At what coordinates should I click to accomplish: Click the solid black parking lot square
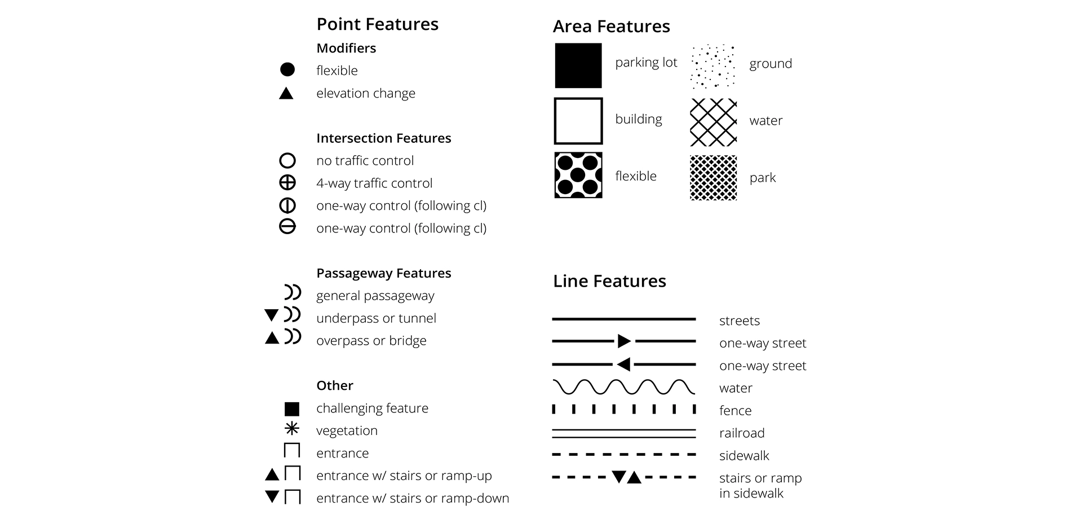click(578, 65)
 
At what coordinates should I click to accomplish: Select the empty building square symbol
click(578, 121)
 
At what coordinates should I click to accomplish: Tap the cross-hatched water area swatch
click(713, 122)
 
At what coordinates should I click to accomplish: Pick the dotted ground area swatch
click(713, 66)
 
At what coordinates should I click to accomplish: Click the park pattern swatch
click(713, 178)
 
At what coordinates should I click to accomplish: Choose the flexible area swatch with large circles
click(578, 175)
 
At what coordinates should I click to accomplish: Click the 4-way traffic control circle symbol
click(287, 183)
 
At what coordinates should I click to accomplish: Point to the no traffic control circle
click(287, 161)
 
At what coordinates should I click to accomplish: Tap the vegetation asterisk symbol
click(291, 429)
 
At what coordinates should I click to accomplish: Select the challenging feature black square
click(291, 408)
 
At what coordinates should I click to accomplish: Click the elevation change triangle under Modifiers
click(286, 93)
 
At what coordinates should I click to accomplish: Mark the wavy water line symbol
click(623, 387)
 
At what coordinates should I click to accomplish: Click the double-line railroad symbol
click(623, 433)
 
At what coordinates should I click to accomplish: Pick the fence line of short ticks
click(623, 409)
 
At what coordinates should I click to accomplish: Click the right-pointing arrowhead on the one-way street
click(623, 341)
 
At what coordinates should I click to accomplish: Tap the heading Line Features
click(609, 281)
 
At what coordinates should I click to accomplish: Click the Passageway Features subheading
click(383, 273)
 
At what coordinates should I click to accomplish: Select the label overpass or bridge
click(371, 341)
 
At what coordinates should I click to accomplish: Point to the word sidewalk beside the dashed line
click(744, 456)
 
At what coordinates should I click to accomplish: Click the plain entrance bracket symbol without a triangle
click(292, 451)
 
